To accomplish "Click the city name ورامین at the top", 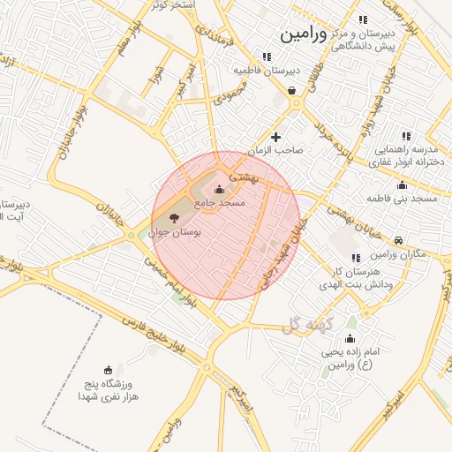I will [x=303, y=35].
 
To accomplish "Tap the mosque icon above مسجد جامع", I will [x=219, y=189].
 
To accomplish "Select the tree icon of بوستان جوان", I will [x=172, y=217].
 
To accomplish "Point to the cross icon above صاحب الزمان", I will [x=276, y=137].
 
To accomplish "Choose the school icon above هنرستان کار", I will [x=356, y=258].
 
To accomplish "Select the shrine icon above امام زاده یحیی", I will [x=349, y=339].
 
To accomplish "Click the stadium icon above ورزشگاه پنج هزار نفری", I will [x=108, y=369].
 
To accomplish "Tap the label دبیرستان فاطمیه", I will [x=267, y=70].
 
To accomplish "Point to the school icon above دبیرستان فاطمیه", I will [x=267, y=56].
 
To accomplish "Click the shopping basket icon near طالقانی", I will [x=292, y=90].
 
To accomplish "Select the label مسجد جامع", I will [x=219, y=203].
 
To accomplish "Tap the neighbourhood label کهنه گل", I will [x=305, y=326].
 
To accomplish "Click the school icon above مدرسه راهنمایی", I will [x=406, y=136].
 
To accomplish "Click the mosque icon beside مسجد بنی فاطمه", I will [x=403, y=185].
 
